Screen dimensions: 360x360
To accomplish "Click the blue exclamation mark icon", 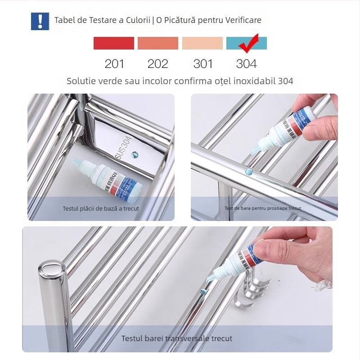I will coord(40,21).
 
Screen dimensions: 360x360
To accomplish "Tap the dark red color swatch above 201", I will coord(113,43).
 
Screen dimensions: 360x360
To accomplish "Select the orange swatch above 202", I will coord(158,43).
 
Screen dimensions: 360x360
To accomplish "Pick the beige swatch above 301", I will coord(202,43).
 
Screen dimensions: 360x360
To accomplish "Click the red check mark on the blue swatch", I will coord(247,43).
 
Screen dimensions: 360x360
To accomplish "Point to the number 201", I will coord(114,64).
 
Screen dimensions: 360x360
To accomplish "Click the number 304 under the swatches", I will coord(246,64).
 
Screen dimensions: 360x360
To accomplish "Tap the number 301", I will coord(202,64).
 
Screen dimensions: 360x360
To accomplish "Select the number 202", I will coord(158,64).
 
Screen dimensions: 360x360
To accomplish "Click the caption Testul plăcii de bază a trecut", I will coord(101,209).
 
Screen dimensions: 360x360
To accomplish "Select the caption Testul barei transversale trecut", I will coord(177,338).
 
